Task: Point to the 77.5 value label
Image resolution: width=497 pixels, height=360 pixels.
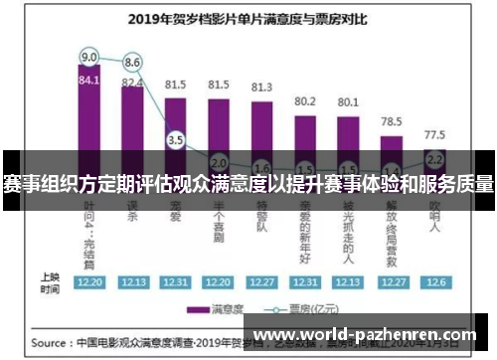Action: tap(434, 133)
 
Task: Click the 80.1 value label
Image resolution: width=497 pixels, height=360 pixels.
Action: tap(348, 100)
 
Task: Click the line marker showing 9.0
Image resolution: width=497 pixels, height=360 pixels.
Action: tap(89, 56)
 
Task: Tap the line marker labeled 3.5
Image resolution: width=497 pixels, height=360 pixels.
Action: tap(176, 140)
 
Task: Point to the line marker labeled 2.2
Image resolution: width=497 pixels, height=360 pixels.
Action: tap(434, 158)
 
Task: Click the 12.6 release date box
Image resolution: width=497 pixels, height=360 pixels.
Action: tap(434, 281)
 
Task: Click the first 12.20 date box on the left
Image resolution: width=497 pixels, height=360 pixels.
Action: tap(89, 281)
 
